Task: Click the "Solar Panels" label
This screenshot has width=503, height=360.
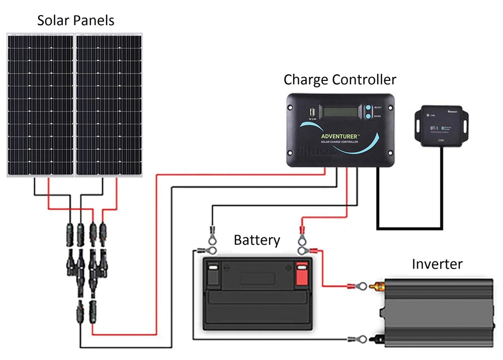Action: click(x=75, y=21)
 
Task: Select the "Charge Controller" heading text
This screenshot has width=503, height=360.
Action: click(x=340, y=79)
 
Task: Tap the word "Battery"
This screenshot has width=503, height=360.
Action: click(x=257, y=240)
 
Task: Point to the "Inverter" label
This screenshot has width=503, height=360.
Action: click(x=437, y=264)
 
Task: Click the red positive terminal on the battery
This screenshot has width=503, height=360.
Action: click(x=302, y=274)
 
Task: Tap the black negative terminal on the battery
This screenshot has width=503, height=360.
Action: click(x=213, y=274)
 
